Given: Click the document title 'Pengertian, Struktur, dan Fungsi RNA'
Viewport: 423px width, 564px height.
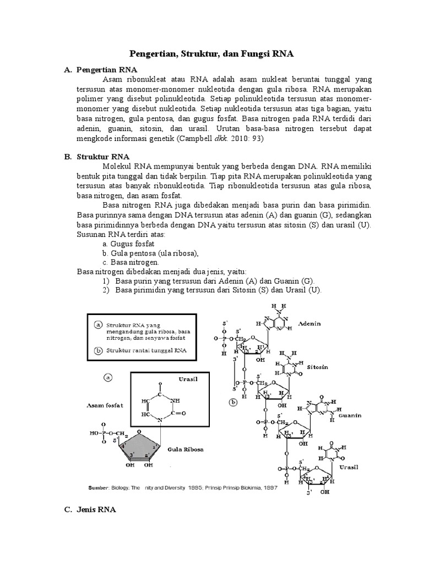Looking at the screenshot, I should point(211,54).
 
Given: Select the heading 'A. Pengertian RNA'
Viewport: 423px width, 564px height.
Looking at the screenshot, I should point(106,70).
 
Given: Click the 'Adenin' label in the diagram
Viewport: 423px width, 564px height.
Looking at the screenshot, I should point(309,323).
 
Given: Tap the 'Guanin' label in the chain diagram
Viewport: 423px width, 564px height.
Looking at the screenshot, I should point(350,416).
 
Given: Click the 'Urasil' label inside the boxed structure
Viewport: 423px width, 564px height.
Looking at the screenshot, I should point(188,379).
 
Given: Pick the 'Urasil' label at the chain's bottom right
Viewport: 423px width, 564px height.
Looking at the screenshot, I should point(349,467).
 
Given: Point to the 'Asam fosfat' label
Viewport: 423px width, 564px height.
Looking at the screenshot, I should point(104,405).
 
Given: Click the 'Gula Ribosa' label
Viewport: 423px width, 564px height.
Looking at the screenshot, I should point(186,449).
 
